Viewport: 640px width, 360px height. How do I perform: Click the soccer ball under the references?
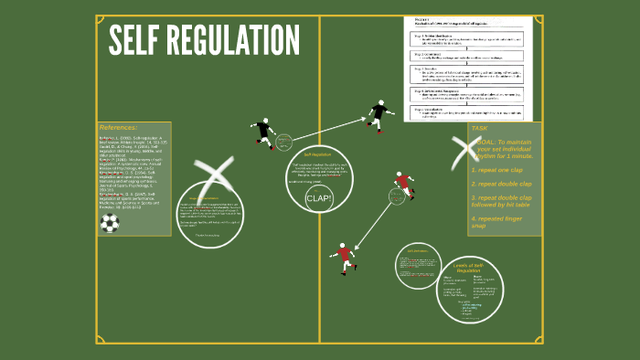click(110, 222)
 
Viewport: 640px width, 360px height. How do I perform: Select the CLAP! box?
click(319, 198)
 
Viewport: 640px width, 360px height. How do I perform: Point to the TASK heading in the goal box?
click(480, 129)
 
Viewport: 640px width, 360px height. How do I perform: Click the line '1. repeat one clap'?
click(497, 170)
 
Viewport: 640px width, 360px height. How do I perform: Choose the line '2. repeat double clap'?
click(501, 184)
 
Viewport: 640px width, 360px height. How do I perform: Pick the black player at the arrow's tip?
click(379, 114)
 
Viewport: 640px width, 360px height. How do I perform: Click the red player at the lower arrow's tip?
click(344, 257)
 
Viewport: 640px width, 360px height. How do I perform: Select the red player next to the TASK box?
click(402, 186)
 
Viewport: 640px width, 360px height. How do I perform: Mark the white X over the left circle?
click(216, 179)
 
